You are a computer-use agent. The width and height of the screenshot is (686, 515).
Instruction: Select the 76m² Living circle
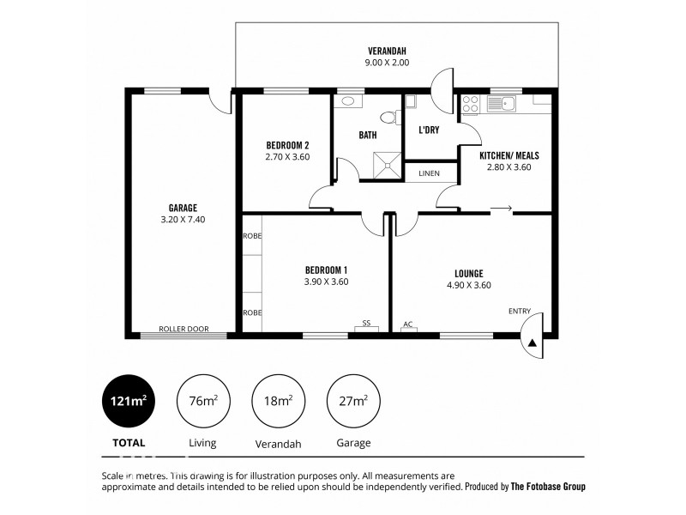[x=202, y=401]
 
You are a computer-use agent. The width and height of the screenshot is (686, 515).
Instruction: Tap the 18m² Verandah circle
[x=277, y=401]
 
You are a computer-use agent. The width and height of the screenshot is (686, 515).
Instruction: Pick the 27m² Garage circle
[x=352, y=401]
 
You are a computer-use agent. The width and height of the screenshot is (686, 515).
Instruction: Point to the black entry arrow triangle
[x=532, y=342]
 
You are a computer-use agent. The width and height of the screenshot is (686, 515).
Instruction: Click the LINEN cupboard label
[x=429, y=173]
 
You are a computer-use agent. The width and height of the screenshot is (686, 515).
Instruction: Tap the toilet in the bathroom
[x=388, y=118]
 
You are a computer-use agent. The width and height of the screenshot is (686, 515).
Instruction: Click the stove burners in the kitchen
[x=470, y=105]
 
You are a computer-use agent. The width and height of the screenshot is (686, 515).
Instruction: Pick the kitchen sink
[x=504, y=105]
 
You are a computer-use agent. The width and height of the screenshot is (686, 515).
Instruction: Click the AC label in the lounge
[x=408, y=324]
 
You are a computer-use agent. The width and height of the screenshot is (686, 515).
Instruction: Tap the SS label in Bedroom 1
[x=366, y=324]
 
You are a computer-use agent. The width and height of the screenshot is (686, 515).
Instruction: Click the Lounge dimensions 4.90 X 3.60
[x=468, y=286]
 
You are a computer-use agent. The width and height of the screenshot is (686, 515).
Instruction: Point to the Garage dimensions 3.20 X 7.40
[x=183, y=220]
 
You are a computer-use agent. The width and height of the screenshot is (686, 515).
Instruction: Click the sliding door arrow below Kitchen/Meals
[x=502, y=208]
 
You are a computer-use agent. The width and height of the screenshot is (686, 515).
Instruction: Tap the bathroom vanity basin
[x=348, y=101]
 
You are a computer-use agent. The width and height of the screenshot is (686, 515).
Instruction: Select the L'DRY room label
[x=429, y=130]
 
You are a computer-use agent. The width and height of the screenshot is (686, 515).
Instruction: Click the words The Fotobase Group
[x=548, y=486]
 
